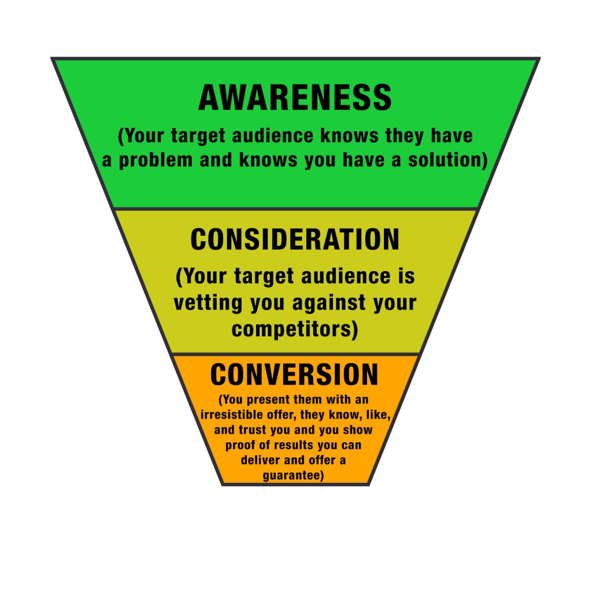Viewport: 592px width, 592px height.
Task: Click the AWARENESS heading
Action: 295,97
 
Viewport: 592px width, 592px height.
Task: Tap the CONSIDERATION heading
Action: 295,239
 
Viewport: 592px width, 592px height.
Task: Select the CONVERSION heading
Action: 294,374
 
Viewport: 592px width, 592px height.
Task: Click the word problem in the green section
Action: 156,161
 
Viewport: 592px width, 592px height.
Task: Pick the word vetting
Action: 208,303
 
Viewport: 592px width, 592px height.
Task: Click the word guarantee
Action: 291,475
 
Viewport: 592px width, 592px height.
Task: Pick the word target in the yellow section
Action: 264,277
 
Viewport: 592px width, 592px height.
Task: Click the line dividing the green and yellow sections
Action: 295,208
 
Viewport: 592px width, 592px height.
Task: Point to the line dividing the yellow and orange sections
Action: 295,354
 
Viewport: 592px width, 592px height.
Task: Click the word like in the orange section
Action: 378,415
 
